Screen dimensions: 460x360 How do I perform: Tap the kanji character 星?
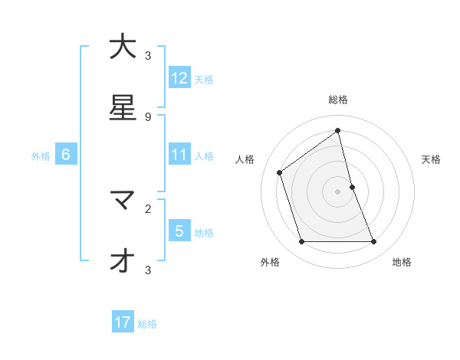click(123, 107)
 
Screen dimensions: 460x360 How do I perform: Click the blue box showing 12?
click(179, 78)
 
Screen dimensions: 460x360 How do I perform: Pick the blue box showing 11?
click(179, 155)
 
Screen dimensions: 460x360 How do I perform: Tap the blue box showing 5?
click(179, 231)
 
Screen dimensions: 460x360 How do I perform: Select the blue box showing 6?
click(66, 155)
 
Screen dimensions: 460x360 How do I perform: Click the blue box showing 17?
click(123, 322)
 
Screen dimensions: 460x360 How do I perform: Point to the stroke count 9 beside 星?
click(148, 116)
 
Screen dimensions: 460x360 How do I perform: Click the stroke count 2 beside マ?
click(148, 208)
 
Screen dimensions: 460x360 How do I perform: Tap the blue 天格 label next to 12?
click(204, 79)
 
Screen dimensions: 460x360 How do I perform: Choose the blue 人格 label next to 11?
click(204, 156)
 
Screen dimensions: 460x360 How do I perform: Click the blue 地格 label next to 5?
click(204, 232)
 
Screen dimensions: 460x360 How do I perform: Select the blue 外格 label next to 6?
click(41, 156)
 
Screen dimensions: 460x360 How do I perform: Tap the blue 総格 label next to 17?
click(147, 323)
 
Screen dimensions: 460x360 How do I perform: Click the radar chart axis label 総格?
click(338, 100)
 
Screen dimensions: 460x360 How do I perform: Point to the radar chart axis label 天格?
click(432, 159)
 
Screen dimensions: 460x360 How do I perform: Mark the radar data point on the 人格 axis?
click(280, 172)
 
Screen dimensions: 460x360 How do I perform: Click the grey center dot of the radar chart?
click(338, 191)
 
